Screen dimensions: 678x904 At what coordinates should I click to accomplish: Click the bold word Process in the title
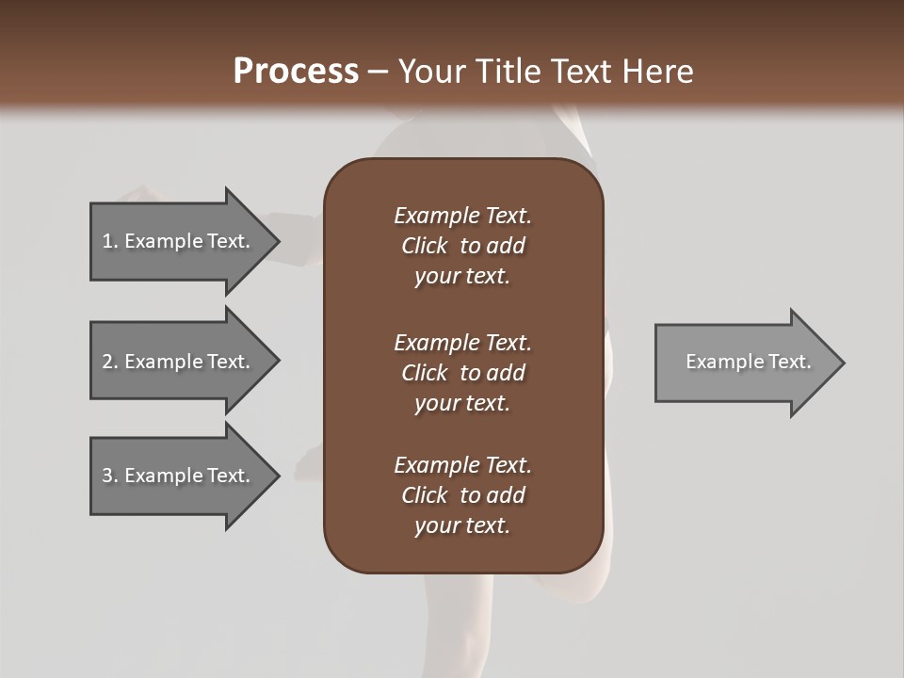(x=296, y=72)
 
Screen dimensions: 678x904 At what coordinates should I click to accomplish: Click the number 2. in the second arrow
(x=110, y=362)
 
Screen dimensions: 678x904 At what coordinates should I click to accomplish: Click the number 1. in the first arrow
(x=110, y=241)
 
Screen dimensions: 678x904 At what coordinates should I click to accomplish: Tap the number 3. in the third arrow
(x=110, y=476)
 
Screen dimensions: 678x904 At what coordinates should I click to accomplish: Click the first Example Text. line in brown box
(x=462, y=216)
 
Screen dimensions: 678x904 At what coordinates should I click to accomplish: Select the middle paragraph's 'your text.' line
(x=462, y=403)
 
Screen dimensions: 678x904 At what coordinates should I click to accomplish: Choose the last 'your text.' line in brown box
(x=462, y=525)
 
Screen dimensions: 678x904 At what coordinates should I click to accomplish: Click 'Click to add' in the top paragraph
(x=462, y=246)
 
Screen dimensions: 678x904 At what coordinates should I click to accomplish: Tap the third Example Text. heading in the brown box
(x=462, y=465)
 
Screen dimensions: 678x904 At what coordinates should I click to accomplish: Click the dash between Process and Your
(x=378, y=72)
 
